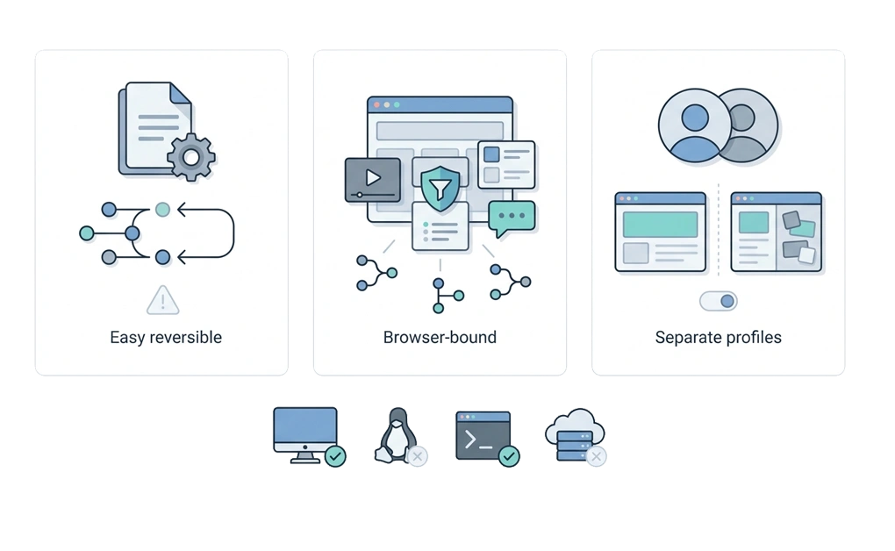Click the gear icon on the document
[191, 157]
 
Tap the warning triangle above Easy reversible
[162, 300]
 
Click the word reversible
[185, 338]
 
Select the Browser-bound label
[440, 338]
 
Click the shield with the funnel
[440, 189]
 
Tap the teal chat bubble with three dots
[512, 218]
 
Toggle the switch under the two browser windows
[719, 301]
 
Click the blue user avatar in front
[695, 125]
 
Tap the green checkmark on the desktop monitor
[335, 456]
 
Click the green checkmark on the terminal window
[509, 456]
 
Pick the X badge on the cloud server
[596, 456]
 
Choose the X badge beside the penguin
[418, 456]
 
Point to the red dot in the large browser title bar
[376, 105]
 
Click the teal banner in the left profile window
[660, 225]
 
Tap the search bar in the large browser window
[440, 130]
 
